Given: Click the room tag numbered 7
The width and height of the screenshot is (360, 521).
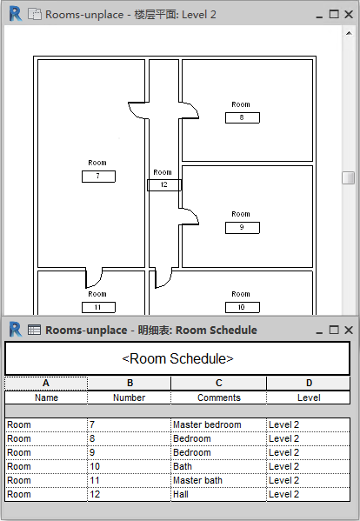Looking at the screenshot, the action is click(98, 177).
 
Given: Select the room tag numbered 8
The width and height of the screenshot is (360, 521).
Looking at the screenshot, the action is click(242, 117).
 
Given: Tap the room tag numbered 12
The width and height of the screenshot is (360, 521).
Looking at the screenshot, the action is click(164, 185).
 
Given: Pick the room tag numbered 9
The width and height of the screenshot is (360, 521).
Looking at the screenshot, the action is click(242, 228).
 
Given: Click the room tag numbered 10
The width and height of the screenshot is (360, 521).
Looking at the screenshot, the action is click(242, 307).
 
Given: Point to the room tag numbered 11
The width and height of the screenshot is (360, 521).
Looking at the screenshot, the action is click(98, 307).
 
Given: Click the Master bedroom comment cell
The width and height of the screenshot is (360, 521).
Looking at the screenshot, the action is click(218, 424).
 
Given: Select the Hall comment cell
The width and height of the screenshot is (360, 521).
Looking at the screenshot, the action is click(218, 494).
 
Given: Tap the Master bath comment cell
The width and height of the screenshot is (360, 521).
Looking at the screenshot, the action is click(218, 480).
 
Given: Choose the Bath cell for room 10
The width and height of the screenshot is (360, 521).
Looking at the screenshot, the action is click(218, 466).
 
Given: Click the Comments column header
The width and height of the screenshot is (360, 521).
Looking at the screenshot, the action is click(218, 397).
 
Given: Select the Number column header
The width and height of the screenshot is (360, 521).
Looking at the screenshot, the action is click(130, 397).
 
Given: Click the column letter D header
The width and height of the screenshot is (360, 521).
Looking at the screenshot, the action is click(309, 383).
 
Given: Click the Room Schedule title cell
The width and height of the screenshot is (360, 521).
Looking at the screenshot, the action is click(177, 359).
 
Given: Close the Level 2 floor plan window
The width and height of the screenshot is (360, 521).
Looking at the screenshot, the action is click(349, 14).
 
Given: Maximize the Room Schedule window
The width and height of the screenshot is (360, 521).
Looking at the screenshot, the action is click(334, 330).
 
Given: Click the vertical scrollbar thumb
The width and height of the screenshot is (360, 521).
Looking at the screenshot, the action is click(349, 177).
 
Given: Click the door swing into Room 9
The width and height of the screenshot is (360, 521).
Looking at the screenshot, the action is click(190, 217).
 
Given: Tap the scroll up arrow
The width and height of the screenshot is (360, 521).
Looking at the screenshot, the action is click(349, 33).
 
